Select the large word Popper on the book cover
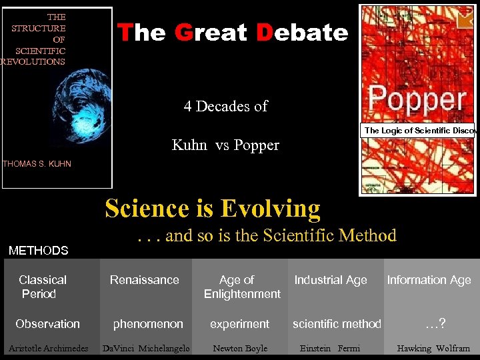pos(418,101)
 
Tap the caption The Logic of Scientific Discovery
pos(418,130)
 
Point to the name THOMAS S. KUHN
pos(37,163)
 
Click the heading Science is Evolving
pos(212,209)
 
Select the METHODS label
pos(38,251)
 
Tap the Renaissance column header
pos(145,280)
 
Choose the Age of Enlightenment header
pos(241,287)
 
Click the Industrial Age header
pos(331,280)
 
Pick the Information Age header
pos(429,280)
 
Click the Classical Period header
pos(42,287)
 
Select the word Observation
pos(47,324)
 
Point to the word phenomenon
pos(148,324)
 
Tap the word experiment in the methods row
pos(239,324)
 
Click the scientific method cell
pos(337,324)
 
